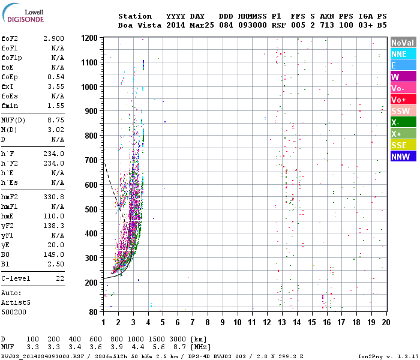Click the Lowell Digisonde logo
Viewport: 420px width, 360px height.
(x=23, y=13)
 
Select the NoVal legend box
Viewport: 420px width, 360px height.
(x=403, y=43)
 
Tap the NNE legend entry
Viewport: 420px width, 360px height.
(x=403, y=54)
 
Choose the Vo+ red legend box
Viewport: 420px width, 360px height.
(x=403, y=100)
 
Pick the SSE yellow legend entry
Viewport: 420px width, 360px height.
(x=403, y=145)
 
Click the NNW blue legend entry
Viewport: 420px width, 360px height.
(x=403, y=157)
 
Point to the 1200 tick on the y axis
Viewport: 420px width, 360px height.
(x=89, y=38)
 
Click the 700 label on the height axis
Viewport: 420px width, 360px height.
(x=91, y=160)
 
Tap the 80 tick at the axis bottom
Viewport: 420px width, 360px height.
(x=93, y=312)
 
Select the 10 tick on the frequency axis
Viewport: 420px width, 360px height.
(x=238, y=322)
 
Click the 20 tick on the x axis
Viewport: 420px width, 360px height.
(x=386, y=322)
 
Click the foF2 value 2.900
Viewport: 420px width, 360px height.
(x=53, y=38)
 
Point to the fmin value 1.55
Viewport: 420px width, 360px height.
(x=56, y=106)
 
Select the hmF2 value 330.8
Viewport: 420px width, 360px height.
(x=53, y=197)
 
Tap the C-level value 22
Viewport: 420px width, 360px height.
(x=60, y=278)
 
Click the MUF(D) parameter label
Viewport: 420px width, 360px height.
(x=13, y=120)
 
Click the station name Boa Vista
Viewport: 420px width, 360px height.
(x=140, y=25)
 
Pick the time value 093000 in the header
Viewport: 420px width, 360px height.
(x=253, y=25)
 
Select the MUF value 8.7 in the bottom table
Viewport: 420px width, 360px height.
(x=179, y=347)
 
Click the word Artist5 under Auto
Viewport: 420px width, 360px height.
(x=16, y=302)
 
